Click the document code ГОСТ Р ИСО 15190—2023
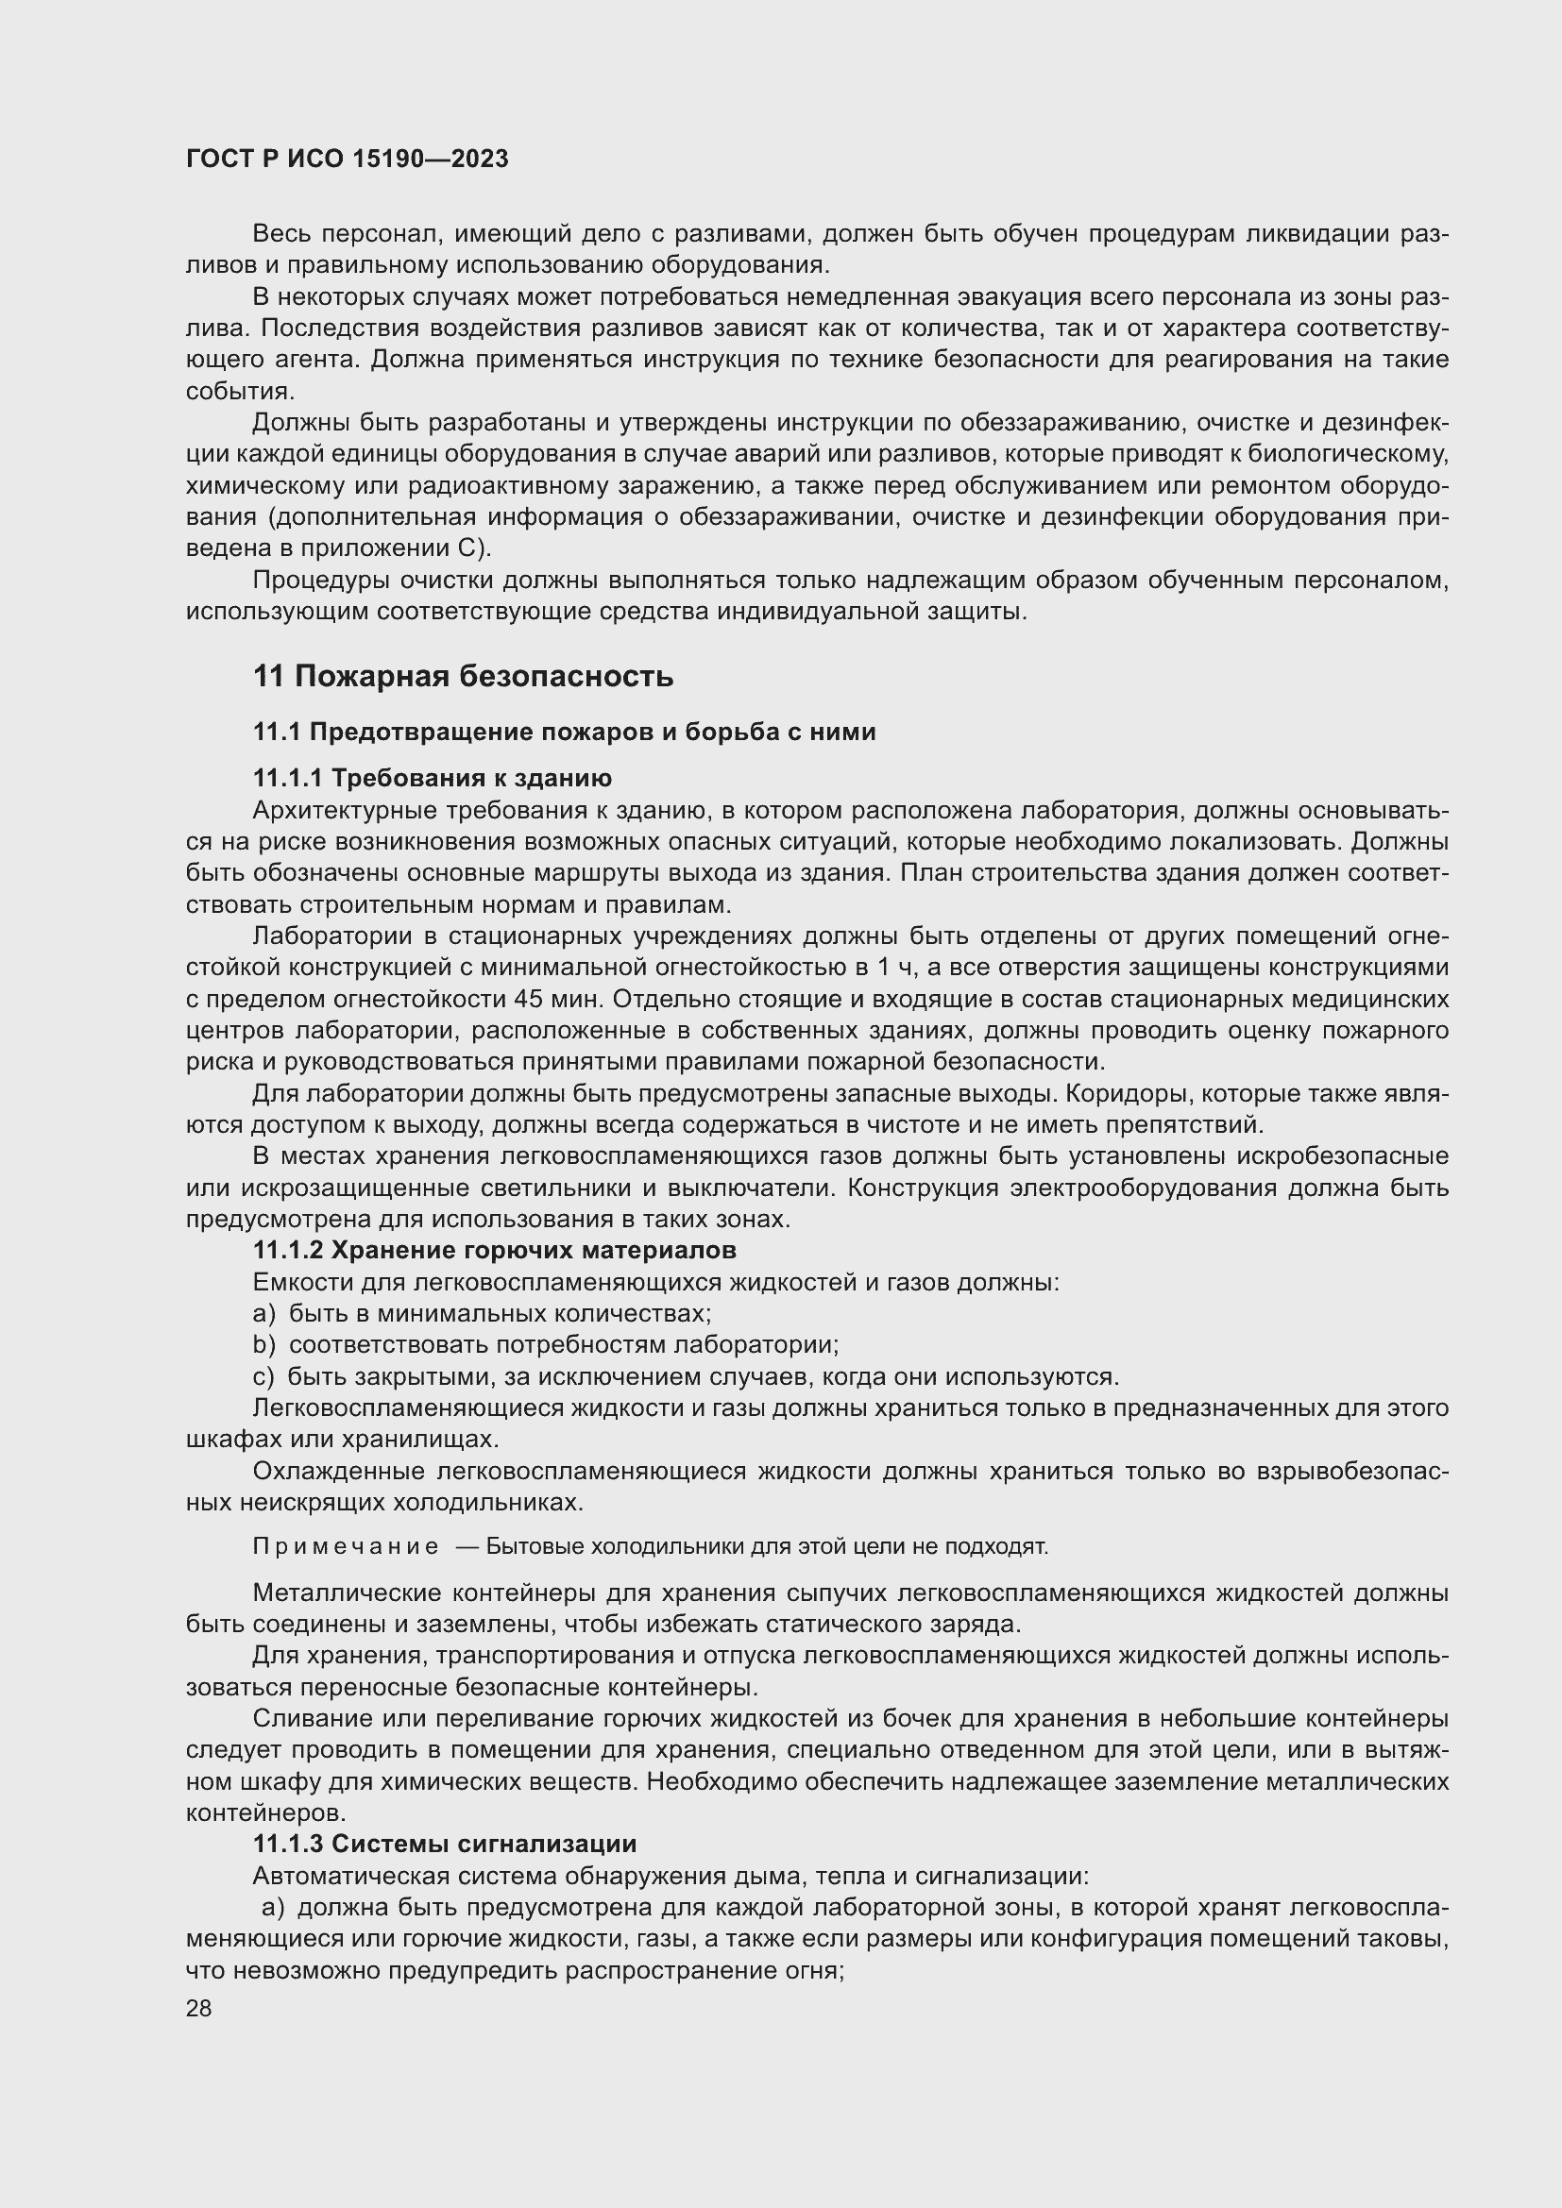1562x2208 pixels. (x=348, y=160)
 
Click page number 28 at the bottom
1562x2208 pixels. (x=198, y=2009)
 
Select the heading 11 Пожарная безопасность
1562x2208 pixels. (x=463, y=676)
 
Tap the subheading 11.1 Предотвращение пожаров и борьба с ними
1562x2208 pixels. (x=564, y=732)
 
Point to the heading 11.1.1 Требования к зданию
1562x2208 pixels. (x=432, y=777)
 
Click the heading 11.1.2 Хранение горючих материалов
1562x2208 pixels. (x=494, y=1250)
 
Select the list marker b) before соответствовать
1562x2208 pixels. (x=263, y=1344)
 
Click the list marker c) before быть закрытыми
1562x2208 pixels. (x=263, y=1376)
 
